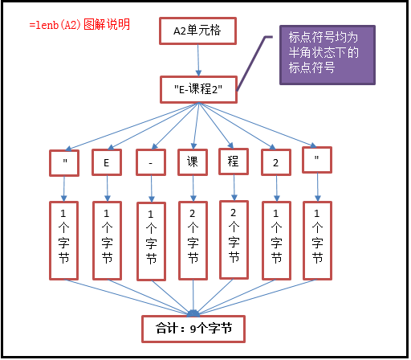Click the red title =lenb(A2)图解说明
coord(79,25)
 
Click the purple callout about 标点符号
coord(328,55)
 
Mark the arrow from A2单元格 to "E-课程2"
coord(198,60)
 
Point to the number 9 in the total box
coord(193,329)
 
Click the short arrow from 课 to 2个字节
coord(193,189)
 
